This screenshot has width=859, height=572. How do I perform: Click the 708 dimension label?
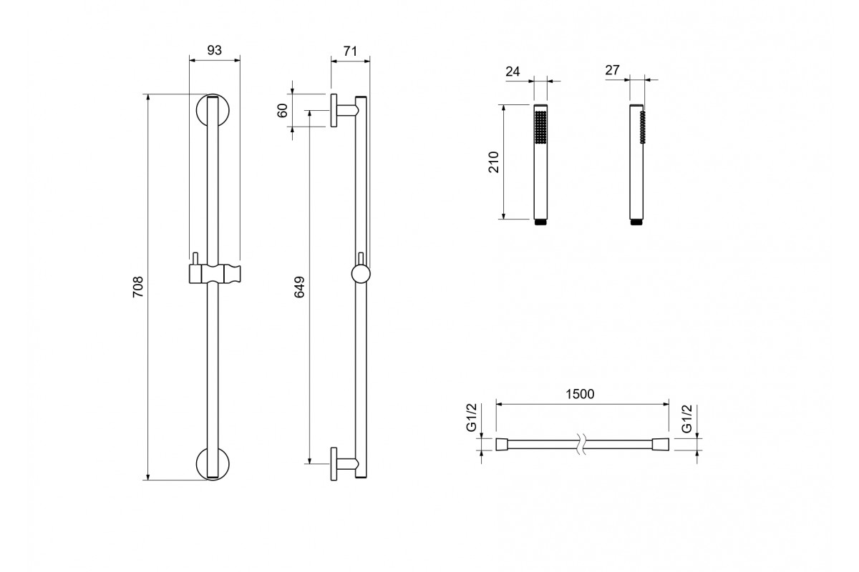(x=137, y=287)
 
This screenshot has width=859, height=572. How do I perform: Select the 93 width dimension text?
(x=214, y=50)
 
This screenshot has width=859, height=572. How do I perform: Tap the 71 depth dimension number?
(x=350, y=51)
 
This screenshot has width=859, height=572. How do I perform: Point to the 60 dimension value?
(x=282, y=110)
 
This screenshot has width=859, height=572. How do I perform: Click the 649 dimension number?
(x=299, y=287)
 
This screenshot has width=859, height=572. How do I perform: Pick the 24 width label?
(x=513, y=71)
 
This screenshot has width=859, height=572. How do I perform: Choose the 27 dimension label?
(x=613, y=70)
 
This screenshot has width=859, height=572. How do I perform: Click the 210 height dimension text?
(x=494, y=162)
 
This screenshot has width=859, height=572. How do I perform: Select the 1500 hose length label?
(x=581, y=394)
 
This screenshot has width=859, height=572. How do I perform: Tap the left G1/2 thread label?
(x=471, y=418)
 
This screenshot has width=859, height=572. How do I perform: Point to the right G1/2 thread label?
(x=687, y=419)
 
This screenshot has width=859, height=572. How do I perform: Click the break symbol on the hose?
(x=582, y=445)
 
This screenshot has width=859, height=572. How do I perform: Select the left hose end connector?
(x=502, y=445)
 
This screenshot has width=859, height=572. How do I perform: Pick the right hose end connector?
(x=660, y=445)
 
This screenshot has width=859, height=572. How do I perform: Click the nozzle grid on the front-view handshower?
(x=540, y=127)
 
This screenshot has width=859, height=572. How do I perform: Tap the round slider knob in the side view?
(x=361, y=275)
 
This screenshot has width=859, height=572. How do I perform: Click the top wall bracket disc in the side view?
(x=334, y=110)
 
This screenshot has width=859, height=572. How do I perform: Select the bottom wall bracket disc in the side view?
(x=334, y=464)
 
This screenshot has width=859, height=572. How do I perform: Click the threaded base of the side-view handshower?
(x=637, y=222)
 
